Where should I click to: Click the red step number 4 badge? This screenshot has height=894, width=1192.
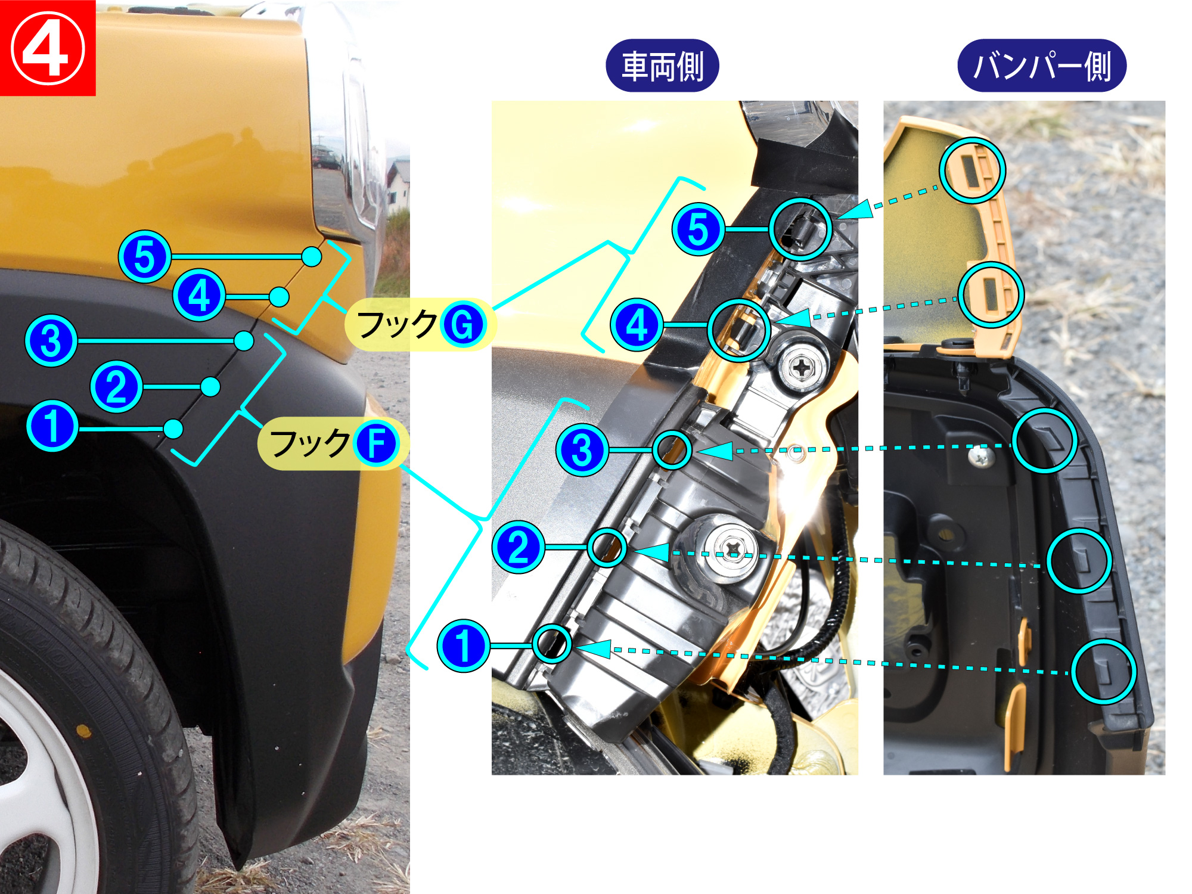[48, 48]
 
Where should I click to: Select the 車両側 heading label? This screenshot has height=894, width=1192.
[662, 66]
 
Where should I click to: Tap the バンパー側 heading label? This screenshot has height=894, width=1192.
[1042, 66]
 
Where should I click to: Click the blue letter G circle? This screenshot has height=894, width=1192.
[463, 325]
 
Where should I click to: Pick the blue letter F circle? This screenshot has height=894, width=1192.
[376, 444]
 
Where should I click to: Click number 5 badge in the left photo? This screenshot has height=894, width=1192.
[145, 256]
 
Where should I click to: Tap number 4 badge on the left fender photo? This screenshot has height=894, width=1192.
[199, 296]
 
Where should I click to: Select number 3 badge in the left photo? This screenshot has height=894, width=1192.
[51, 341]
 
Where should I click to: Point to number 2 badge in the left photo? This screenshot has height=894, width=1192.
[116, 387]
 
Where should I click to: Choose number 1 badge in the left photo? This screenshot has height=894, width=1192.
[52, 426]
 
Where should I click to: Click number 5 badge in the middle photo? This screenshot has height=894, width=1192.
[699, 229]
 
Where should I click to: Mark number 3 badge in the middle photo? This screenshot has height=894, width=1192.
[582, 450]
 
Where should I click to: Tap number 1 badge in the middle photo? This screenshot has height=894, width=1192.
[463, 646]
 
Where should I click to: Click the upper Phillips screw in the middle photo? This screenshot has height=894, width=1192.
[802, 368]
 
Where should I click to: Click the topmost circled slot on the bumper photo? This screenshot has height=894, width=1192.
[973, 170]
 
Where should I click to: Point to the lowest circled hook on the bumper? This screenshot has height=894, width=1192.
[1104, 672]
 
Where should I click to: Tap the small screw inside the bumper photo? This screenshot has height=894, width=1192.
[981, 457]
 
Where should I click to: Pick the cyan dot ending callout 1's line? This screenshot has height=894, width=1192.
[173, 429]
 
